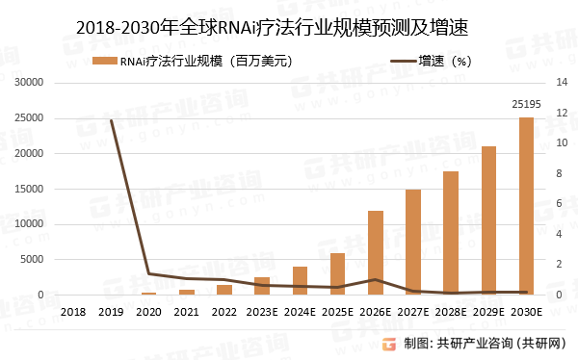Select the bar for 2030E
(526, 206)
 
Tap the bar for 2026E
(376, 252)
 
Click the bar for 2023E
(262, 286)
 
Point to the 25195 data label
(525, 105)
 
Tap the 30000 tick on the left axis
(34, 83)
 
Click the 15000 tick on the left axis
(34, 190)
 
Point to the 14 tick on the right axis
(562, 83)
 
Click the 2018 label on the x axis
(73, 313)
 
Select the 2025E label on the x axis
(337, 313)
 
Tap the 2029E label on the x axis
(488, 313)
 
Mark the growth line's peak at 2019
(112, 120)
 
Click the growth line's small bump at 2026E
(376, 280)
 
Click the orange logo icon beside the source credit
(389, 343)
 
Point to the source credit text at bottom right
(487, 344)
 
